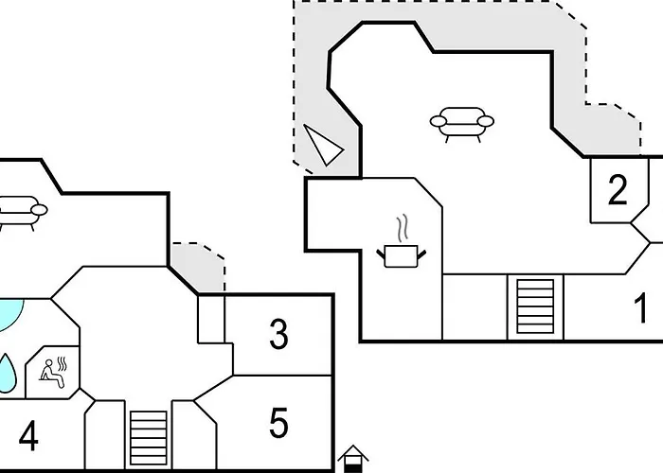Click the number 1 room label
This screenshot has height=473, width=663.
[641, 307]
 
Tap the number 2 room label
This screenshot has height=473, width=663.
[618, 190]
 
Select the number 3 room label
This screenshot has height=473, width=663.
[278, 334]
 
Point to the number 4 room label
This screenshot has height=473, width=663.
[28, 436]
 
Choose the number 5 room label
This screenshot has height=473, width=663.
[278, 422]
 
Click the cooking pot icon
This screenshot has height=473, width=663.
[402, 256]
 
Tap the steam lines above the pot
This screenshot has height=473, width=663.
[403, 228]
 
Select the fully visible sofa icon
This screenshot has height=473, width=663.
[462, 124]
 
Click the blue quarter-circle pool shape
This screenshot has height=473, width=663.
[10, 312]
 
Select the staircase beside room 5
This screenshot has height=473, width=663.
[149, 437]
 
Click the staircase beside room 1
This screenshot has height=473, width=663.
[535, 307]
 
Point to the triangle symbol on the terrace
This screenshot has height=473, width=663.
[324, 145]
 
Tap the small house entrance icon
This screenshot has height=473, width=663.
[353, 459]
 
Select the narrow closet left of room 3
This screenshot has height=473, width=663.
[211, 320]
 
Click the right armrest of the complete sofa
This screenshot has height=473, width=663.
[485, 121]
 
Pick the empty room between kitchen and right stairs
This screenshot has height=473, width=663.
[475, 307]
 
